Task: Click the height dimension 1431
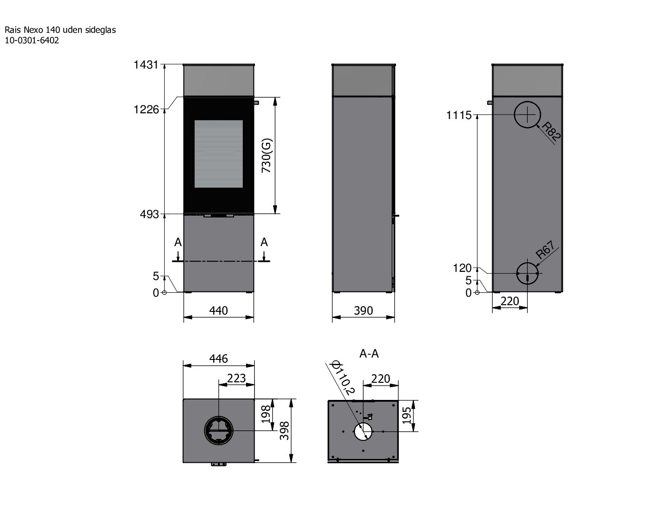click(146, 65)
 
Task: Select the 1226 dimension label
click(146, 110)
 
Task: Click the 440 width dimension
click(218, 310)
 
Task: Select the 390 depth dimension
click(363, 310)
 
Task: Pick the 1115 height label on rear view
click(459, 115)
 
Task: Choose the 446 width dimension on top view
click(218, 359)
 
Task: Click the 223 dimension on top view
click(236, 378)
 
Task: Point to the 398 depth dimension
click(285, 431)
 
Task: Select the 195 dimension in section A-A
click(407, 416)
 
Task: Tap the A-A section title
click(369, 353)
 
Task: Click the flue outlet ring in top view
click(218, 430)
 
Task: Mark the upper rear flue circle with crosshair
click(527, 115)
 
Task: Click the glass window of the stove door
click(218, 154)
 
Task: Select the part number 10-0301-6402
click(32, 40)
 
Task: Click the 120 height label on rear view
click(462, 269)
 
